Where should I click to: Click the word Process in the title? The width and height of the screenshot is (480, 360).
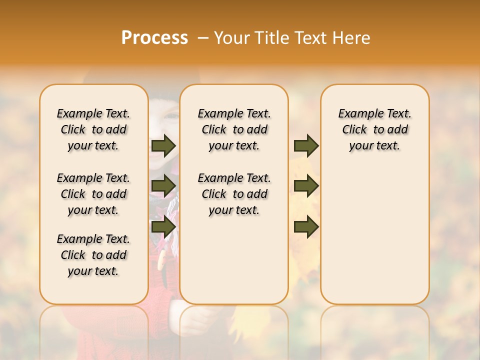click(x=154, y=38)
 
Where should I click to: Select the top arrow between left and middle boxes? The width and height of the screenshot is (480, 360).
click(x=163, y=145)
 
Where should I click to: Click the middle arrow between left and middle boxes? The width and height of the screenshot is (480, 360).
click(x=163, y=186)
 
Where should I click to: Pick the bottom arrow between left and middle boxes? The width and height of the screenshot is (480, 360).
click(x=163, y=226)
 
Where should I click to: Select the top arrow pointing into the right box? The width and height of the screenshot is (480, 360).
click(x=306, y=145)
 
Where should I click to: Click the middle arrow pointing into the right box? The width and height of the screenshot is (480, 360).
click(x=306, y=186)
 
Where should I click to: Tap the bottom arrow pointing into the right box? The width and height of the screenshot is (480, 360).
click(x=306, y=226)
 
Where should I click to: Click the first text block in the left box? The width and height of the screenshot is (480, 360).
click(x=93, y=129)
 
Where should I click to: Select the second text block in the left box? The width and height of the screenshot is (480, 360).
click(x=93, y=194)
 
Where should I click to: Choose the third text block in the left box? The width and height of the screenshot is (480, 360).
click(x=93, y=255)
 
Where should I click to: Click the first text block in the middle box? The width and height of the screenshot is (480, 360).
click(x=234, y=129)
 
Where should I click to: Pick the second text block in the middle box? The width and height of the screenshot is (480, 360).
click(x=234, y=194)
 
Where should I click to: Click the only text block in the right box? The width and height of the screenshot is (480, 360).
click(x=375, y=129)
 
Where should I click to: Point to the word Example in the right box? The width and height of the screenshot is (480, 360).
click(x=357, y=114)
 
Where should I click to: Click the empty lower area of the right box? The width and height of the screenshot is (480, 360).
click(x=375, y=235)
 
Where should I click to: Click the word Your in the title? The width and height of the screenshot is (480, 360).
click(x=232, y=38)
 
